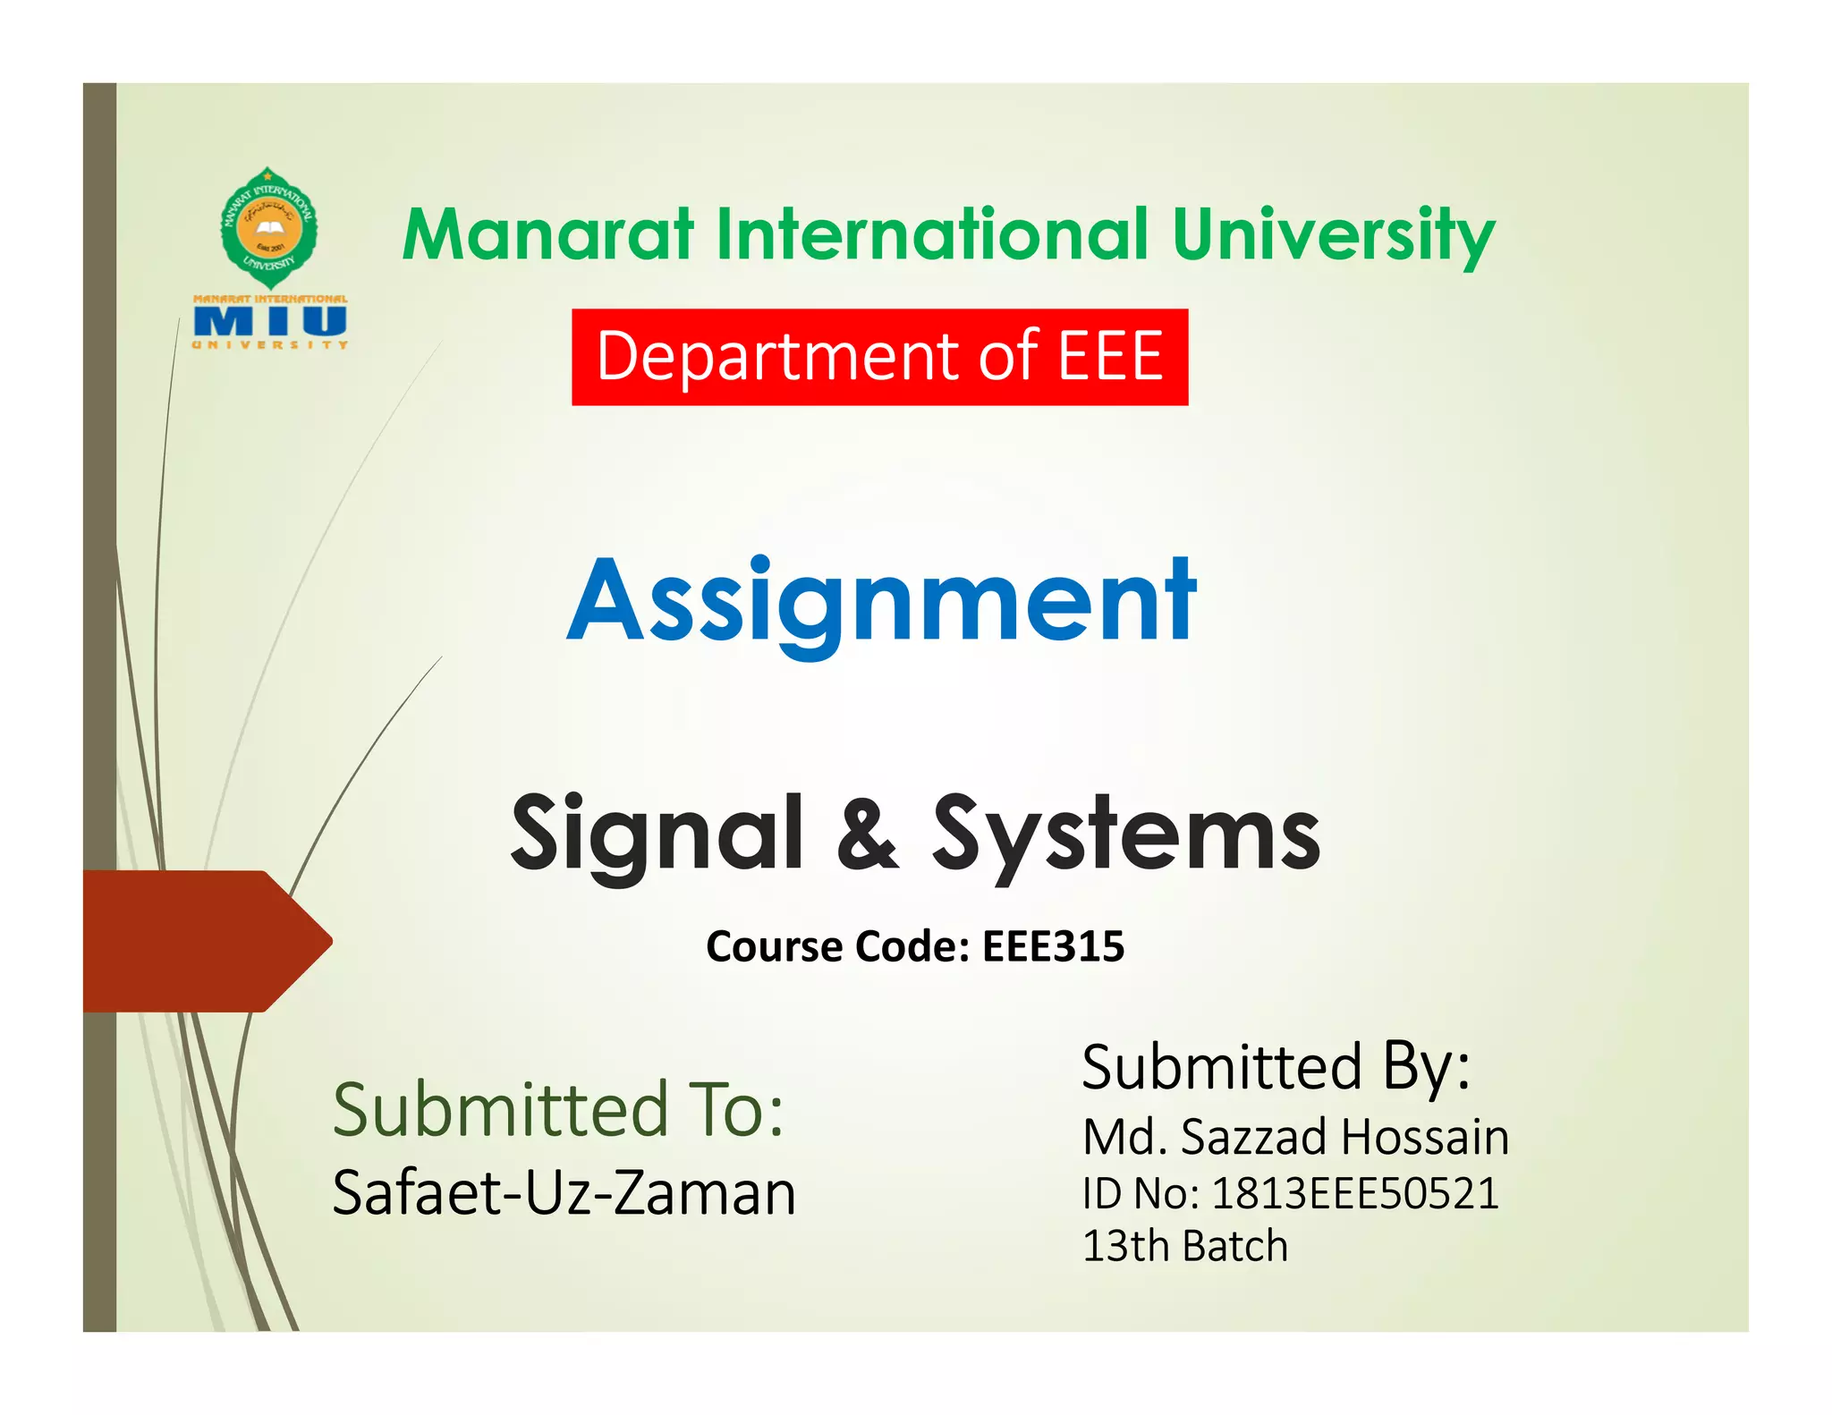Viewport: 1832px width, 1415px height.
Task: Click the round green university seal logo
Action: (x=268, y=226)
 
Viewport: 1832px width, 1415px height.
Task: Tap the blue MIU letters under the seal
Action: (x=270, y=321)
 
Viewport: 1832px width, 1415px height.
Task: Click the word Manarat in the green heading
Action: (x=548, y=234)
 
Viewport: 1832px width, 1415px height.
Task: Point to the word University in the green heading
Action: (x=1332, y=234)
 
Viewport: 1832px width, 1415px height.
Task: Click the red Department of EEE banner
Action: (x=879, y=357)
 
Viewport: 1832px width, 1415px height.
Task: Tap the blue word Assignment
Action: (x=881, y=601)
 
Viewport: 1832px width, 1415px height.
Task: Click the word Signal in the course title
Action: (x=657, y=834)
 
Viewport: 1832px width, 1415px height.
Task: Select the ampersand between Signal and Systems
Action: (x=866, y=834)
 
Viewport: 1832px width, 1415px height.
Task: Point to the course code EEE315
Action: (x=1053, y=946)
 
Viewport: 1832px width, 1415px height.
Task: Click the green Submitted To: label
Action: (x=558, y=1109)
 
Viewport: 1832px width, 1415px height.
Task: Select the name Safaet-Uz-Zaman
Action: (x=564, y=1193)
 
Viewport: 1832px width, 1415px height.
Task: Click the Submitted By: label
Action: (x=1276, y=1066)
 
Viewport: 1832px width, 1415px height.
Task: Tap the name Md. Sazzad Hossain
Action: (x=1295, y=1137)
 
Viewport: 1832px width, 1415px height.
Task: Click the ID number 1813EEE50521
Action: (x=1354, y=1193)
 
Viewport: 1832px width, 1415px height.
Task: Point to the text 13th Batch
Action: (x=1184, y=1246)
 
